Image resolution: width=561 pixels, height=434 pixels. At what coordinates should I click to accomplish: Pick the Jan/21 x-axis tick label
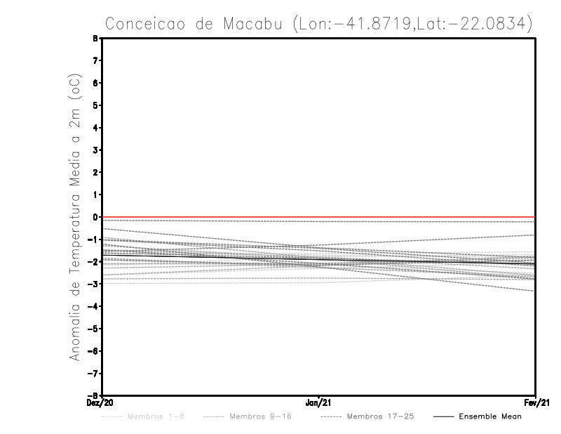[319, 403]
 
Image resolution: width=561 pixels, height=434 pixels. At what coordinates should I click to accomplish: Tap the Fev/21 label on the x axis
[536, 403]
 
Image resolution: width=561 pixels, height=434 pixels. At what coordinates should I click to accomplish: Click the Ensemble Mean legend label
[490, 416]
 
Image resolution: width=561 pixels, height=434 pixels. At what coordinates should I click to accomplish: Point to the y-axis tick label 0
[96, 217]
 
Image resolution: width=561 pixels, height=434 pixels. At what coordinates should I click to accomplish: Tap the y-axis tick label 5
[96, 105]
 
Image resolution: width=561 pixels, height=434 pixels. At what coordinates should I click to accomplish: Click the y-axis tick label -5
[95, 329]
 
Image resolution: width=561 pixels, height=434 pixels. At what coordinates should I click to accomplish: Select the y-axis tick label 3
[96, 150]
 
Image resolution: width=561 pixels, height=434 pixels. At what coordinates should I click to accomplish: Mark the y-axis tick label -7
[95, 373]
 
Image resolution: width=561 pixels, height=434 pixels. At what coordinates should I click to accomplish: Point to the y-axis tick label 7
[96, 61]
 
